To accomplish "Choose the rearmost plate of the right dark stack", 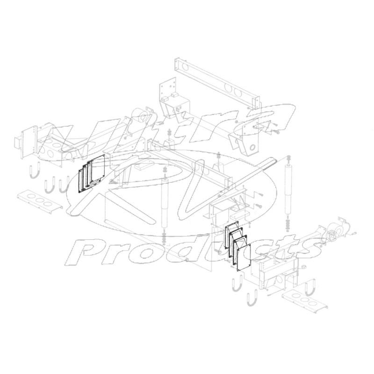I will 231,232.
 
